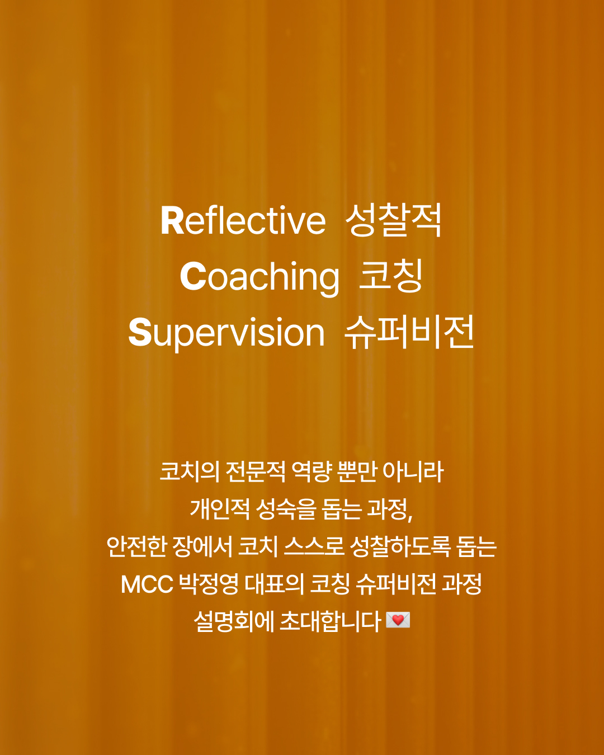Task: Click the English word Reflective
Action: [x=243, y=220]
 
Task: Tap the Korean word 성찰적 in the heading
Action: [x=393, y=220]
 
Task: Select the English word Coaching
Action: [x=259, y=277]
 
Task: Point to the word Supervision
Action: [x=226, y=333]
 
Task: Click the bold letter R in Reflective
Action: [x=172, y=220]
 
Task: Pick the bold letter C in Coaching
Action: [x=193, y=276]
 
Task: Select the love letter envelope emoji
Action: [x=398, y=620]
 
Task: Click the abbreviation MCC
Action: [x=147, y=584]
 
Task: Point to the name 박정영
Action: [x=209, y=584]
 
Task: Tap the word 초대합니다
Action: [x=331, y=621]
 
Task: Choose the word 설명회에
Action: [x=233, y=621]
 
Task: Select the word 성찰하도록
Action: [x=400, y=546]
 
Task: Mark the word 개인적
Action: [x=220, y=509]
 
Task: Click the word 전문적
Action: [x=256, y=471]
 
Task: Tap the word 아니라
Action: [x=413, y=471]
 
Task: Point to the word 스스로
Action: [x=314, y=546]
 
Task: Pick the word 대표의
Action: [x=274, y=584]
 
